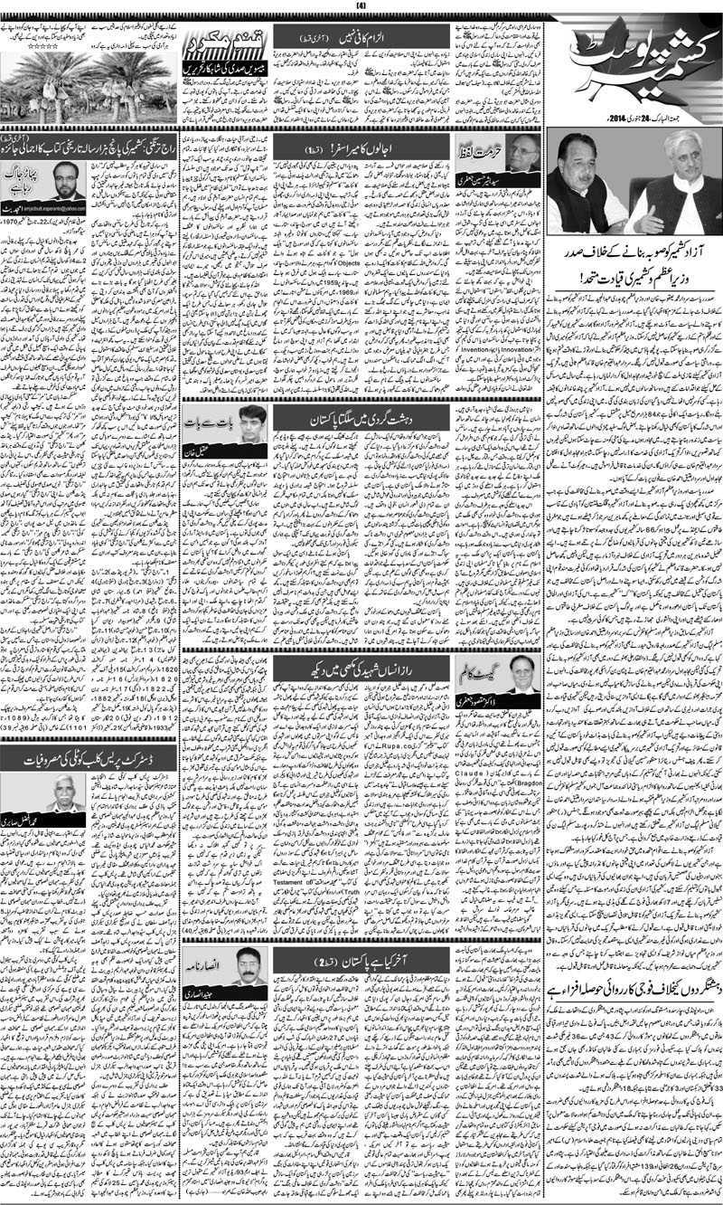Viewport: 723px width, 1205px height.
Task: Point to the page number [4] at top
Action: [x=361, y=7]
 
